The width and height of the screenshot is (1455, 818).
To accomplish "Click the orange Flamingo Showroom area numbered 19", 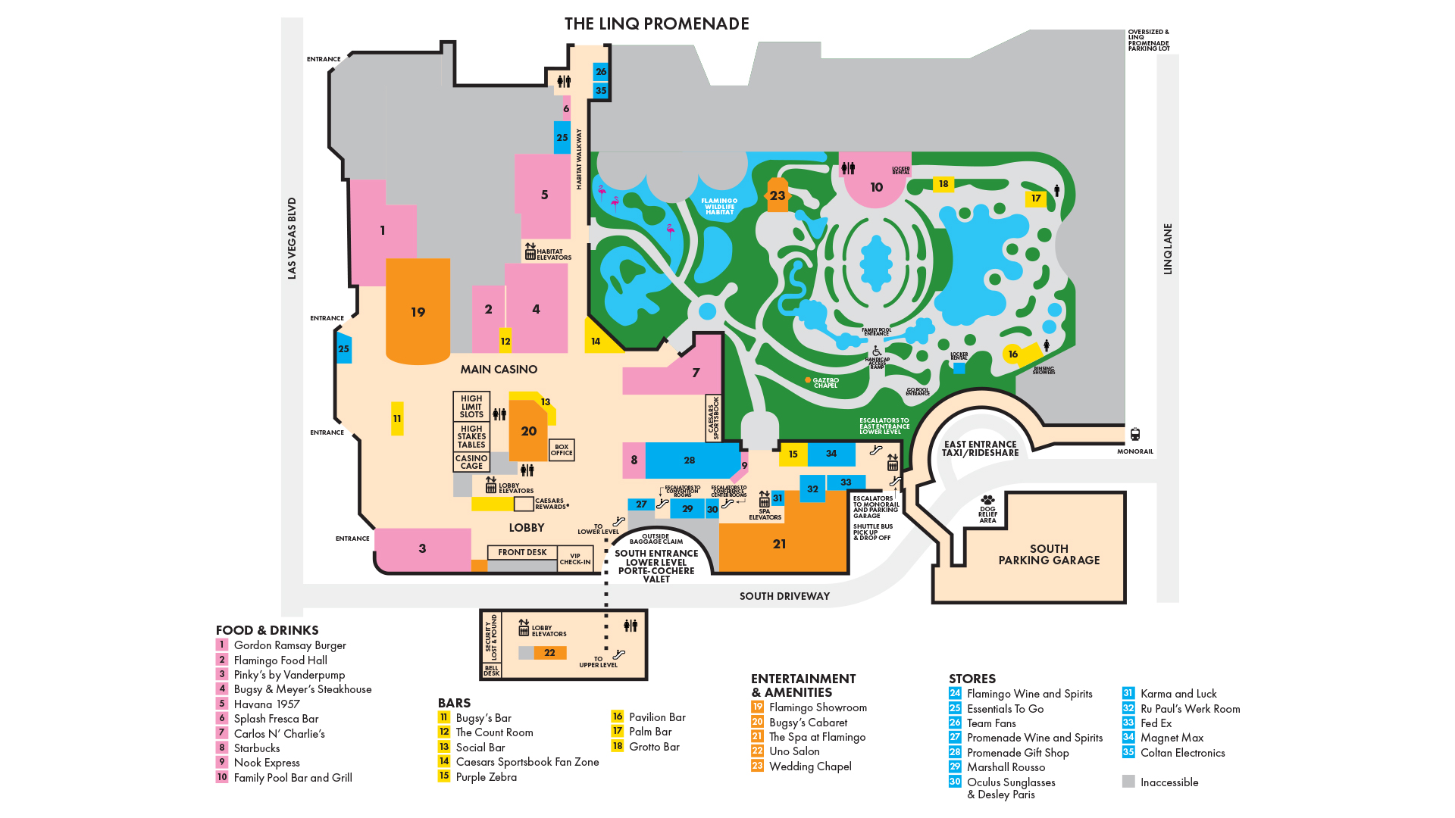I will pyautogui.click(x=418, y=312).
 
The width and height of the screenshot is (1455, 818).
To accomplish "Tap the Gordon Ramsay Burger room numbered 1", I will pyautogui.click(x=383, y=231).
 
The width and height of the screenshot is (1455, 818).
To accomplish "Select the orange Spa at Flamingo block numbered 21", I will pyautogui.click(x=780, y=544).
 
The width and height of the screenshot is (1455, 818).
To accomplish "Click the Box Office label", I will pyautogui.click(x=562, y=450).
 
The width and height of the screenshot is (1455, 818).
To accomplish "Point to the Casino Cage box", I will pyautogui.click(x=471, y=462).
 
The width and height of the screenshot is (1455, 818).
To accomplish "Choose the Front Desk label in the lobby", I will pyautogui.click(x=522, y=552).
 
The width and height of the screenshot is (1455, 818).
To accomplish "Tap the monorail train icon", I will pyautogui.click(x=1135, y=435).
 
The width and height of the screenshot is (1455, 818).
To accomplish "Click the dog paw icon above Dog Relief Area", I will pyautogui.click(x=987, y=500).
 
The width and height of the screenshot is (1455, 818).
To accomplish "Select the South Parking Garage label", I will pyautogui.click(x=1049, y=554).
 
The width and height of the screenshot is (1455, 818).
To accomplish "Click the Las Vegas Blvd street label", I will pyautogui.click(x=292, y=238).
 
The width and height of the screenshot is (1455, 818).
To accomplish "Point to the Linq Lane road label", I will pyautogui.click(x=1168, y=248).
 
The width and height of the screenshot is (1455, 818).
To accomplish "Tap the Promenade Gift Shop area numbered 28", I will pyautogui.click(x=690, y=460).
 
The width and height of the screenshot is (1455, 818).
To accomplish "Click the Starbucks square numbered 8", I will pyautogui.click(x=634, y=460).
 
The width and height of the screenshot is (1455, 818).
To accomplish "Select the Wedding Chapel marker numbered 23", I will pyautogui.click(x=778, y=195).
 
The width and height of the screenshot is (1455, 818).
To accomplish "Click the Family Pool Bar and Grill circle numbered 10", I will pyautogui.click(x=877, y=187).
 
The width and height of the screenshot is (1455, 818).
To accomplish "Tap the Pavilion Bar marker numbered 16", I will pyautogui.click(x=1013, y=354).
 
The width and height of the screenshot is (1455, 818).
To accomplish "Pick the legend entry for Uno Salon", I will pyautogui.click(x=794, y=751).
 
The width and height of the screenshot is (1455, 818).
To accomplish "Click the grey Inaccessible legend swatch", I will pyautogui.click(x=1128, y=782).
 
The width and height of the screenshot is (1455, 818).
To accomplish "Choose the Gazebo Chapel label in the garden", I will pyautogui.click(x=825, y=382).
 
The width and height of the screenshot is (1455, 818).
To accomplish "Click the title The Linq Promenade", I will pyautogui.click(x=657, y=23).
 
